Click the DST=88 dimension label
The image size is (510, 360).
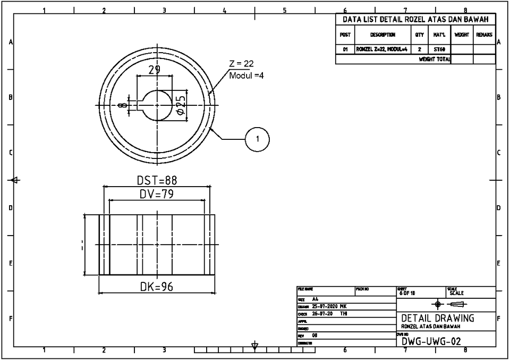pos(157,181)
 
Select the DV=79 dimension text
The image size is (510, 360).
pos(157,195)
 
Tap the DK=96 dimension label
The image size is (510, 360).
pos(157,287)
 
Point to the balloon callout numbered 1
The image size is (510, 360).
pos(258,139)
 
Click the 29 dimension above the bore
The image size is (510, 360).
pos(154,70)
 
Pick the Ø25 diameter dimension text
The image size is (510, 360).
pos(181,105)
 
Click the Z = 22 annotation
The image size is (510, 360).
pos(242,64)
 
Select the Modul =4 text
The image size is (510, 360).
pos(246,76)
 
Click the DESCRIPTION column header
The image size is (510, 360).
pos(382,35)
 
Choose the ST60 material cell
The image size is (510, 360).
pos(439,49)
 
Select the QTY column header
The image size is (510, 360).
pos(419,35)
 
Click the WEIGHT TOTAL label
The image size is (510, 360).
pos(434,60)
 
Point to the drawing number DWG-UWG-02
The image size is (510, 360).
pos(431,341)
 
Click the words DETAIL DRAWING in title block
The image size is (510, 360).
pos(438,318)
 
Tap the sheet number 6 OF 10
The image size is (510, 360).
pos(408,293)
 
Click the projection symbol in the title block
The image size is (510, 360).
pos(449,304)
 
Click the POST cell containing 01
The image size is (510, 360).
pos(345,49)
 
